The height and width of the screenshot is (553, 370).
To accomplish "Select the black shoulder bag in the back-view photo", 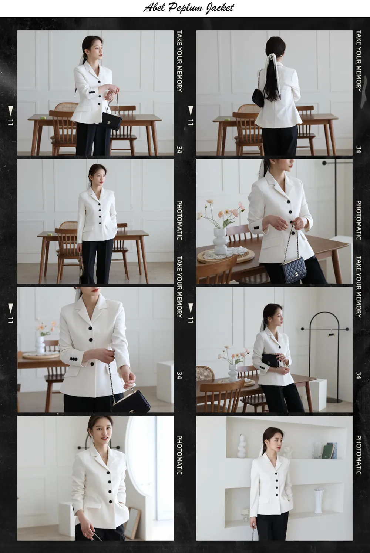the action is [258, 97].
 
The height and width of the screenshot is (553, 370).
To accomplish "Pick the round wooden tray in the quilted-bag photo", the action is [226, 256].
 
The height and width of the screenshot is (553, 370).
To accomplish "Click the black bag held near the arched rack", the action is [270, 360].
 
